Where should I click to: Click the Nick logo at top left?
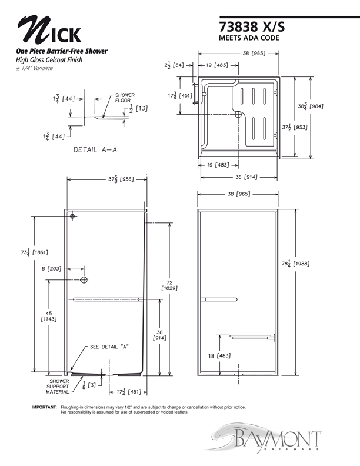tap(49, 30)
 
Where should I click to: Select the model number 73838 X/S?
tap(252, 26)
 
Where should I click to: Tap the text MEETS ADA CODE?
tap(249, 38)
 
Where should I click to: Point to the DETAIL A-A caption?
tap(95, 150)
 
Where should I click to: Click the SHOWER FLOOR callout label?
tap(125, 98)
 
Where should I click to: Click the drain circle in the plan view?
tap(238, 114)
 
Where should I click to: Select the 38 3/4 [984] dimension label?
tap(311, 106)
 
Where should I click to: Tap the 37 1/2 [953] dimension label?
tap(295, 127)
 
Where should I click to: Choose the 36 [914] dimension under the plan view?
tap(246, 177)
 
